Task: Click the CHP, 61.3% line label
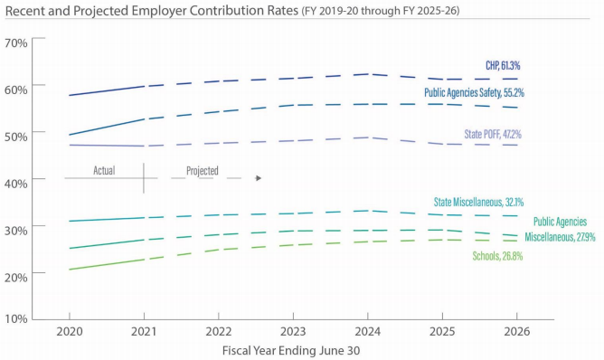point(502,66)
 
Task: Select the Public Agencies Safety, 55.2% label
point(474,92)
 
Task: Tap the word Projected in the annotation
point(202,169)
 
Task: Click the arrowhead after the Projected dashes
point(259,178)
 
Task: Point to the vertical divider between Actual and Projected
point(144,177)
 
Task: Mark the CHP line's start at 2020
point(69,95)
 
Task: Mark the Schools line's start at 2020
point(69,270)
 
